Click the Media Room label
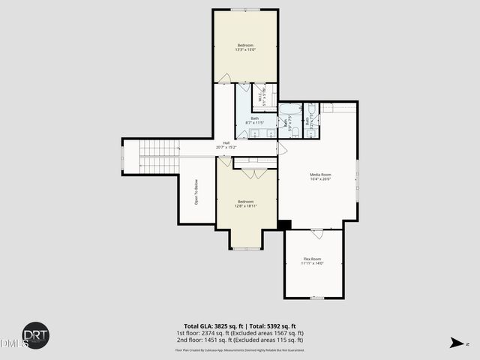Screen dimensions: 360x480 (320, 175)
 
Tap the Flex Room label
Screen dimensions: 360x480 (312, 259)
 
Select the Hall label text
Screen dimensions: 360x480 (226, 143)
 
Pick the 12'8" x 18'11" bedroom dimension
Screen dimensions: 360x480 (246, 205)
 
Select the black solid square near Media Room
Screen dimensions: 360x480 (284, 224)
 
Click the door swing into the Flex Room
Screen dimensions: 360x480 (316, 235)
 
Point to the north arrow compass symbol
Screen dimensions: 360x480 (455, 343)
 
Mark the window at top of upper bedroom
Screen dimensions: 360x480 (246, 10)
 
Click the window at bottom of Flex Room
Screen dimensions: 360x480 (316, 298)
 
